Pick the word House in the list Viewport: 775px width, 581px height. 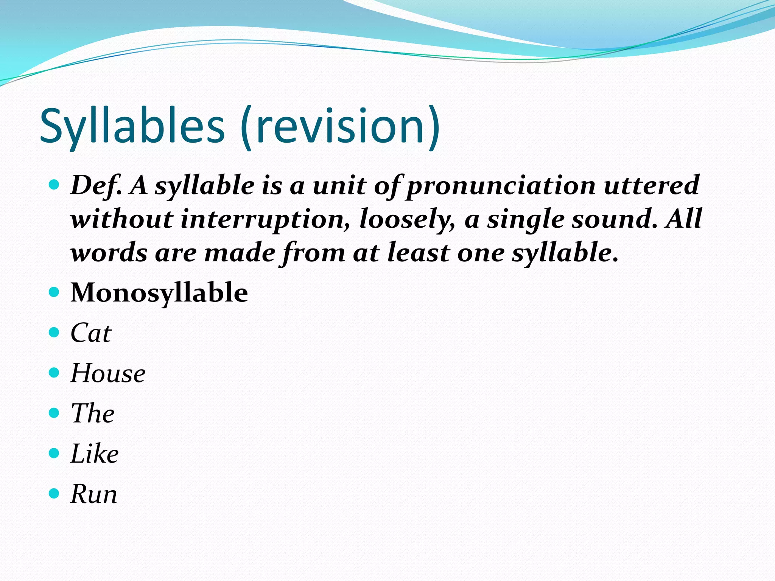[x=108, y=373]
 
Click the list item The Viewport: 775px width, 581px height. [x=92, y=413]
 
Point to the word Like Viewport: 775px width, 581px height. [x=94, y=454]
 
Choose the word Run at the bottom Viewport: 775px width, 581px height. [x=94, y=494]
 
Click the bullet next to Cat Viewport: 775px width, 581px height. [x=54, y=332]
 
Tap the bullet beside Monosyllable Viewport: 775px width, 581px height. [x=54, y=292]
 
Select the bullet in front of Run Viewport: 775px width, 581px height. [x=54, y=493]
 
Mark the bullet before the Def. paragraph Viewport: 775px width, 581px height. [x=54, y=185]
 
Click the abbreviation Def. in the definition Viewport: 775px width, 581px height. [x=96, y=186]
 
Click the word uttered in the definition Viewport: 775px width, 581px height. [x=651, y=185]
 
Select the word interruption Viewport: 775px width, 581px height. [x=265, y=219]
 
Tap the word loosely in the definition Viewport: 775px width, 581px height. [x=407, y=219]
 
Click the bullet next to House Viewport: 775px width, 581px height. [x=54, y=373]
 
